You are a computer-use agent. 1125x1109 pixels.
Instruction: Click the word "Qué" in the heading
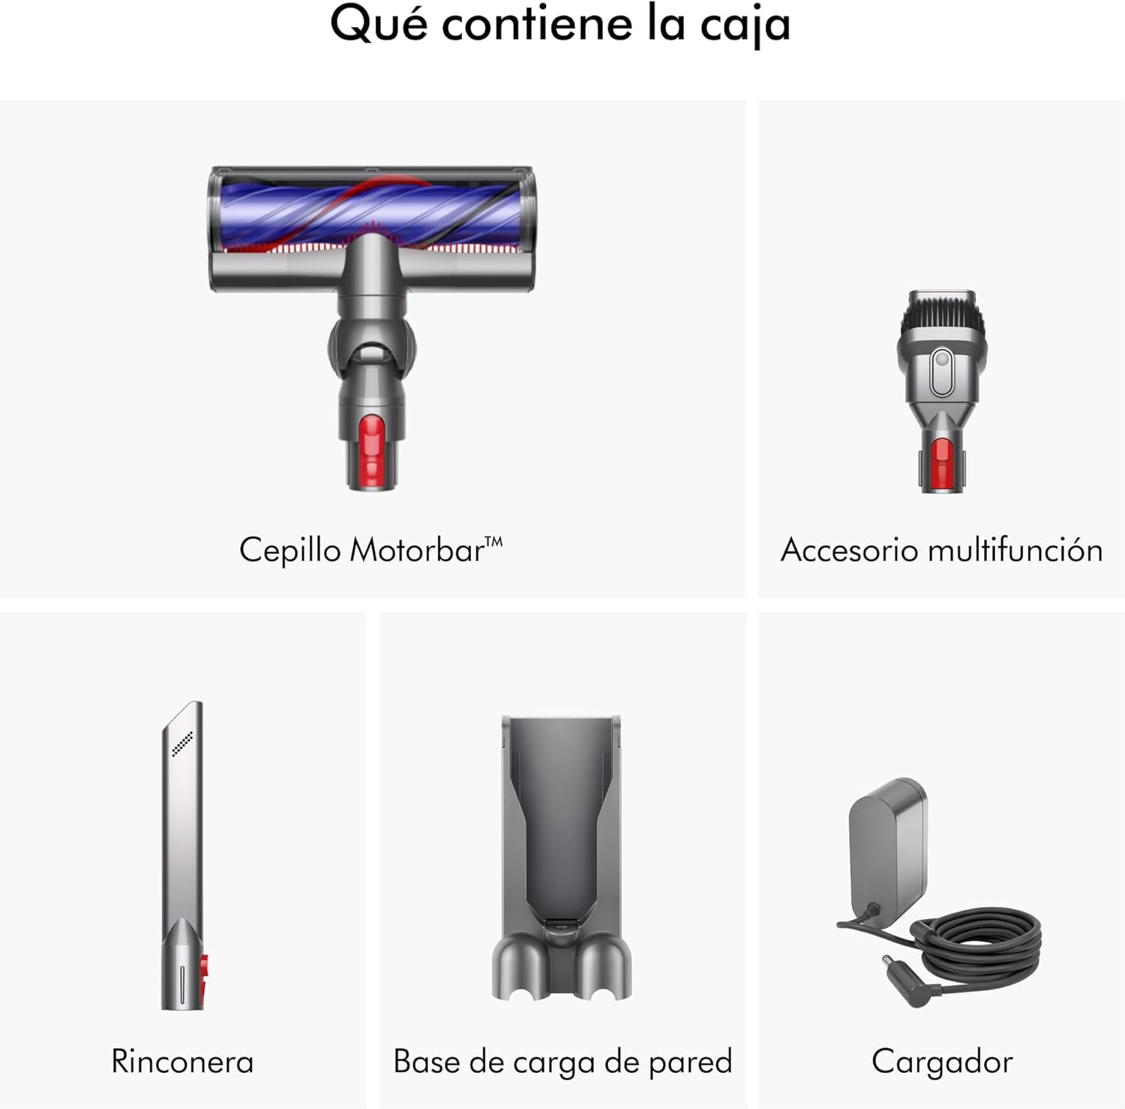379,26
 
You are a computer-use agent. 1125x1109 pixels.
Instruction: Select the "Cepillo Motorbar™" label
371,550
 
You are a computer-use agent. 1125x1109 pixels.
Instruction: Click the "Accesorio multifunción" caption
941,550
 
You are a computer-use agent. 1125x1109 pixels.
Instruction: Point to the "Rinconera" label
182,1062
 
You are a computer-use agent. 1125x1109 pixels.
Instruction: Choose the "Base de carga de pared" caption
562,1062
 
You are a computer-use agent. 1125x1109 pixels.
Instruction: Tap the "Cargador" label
942,1062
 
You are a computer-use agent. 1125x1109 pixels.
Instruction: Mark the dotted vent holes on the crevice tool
183,743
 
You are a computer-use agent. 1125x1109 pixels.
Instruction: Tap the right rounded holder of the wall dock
604,969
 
